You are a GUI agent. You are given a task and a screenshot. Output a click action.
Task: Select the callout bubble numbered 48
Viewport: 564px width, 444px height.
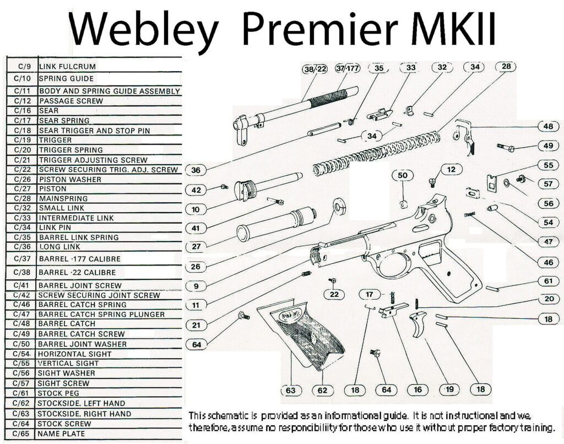pos(548,126)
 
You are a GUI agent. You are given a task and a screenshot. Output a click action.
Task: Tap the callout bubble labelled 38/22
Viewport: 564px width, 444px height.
pos(315,69)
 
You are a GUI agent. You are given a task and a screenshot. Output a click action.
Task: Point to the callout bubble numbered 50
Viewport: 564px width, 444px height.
pos(403,175)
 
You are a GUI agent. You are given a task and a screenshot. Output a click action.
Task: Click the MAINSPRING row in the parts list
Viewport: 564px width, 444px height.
pos(63,198)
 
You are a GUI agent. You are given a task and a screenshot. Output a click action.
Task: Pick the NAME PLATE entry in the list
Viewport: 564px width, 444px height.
pos(61,434)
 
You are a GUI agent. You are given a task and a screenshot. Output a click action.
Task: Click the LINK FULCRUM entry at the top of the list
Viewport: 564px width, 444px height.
pos(67,66)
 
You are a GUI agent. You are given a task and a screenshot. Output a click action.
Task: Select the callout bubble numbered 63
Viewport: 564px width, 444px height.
pos(291,390)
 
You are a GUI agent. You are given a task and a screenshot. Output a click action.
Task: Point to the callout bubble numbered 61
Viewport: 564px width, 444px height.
pos(548,281)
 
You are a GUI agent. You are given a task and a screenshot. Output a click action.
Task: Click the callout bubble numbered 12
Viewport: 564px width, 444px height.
pos(451,169)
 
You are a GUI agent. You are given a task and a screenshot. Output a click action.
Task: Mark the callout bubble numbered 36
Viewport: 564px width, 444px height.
pos(196,170)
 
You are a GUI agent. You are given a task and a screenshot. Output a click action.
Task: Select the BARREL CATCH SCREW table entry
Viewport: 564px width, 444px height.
pos(81,334)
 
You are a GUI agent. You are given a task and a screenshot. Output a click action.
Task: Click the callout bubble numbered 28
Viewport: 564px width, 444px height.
pos(506,67)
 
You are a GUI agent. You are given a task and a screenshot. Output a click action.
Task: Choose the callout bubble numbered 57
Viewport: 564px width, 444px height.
pos(548,183)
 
